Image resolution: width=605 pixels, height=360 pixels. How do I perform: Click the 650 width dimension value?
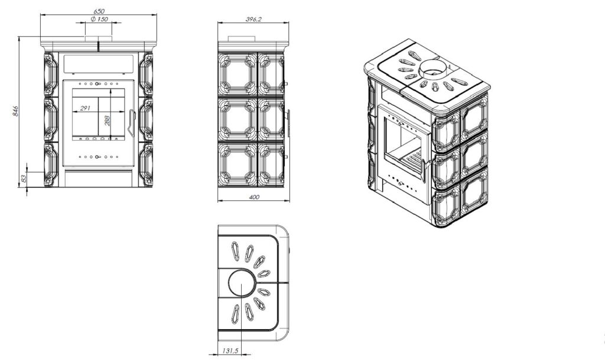[99, 12]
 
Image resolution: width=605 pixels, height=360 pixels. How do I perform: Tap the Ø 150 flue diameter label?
[99, 19]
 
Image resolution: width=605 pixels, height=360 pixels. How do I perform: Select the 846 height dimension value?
[15, 111]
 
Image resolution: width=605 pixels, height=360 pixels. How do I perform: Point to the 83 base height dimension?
[24, 179]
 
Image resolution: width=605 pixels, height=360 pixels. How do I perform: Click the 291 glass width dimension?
[85, 108]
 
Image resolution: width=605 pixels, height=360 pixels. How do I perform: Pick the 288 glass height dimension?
[107, 121]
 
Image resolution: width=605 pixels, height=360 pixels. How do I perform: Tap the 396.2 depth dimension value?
[253, 19]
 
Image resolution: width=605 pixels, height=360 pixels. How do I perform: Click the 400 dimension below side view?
[254, 197]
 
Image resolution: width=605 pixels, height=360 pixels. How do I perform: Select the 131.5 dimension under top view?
[230, 351]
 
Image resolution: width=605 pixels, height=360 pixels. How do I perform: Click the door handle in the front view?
[132, 123]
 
